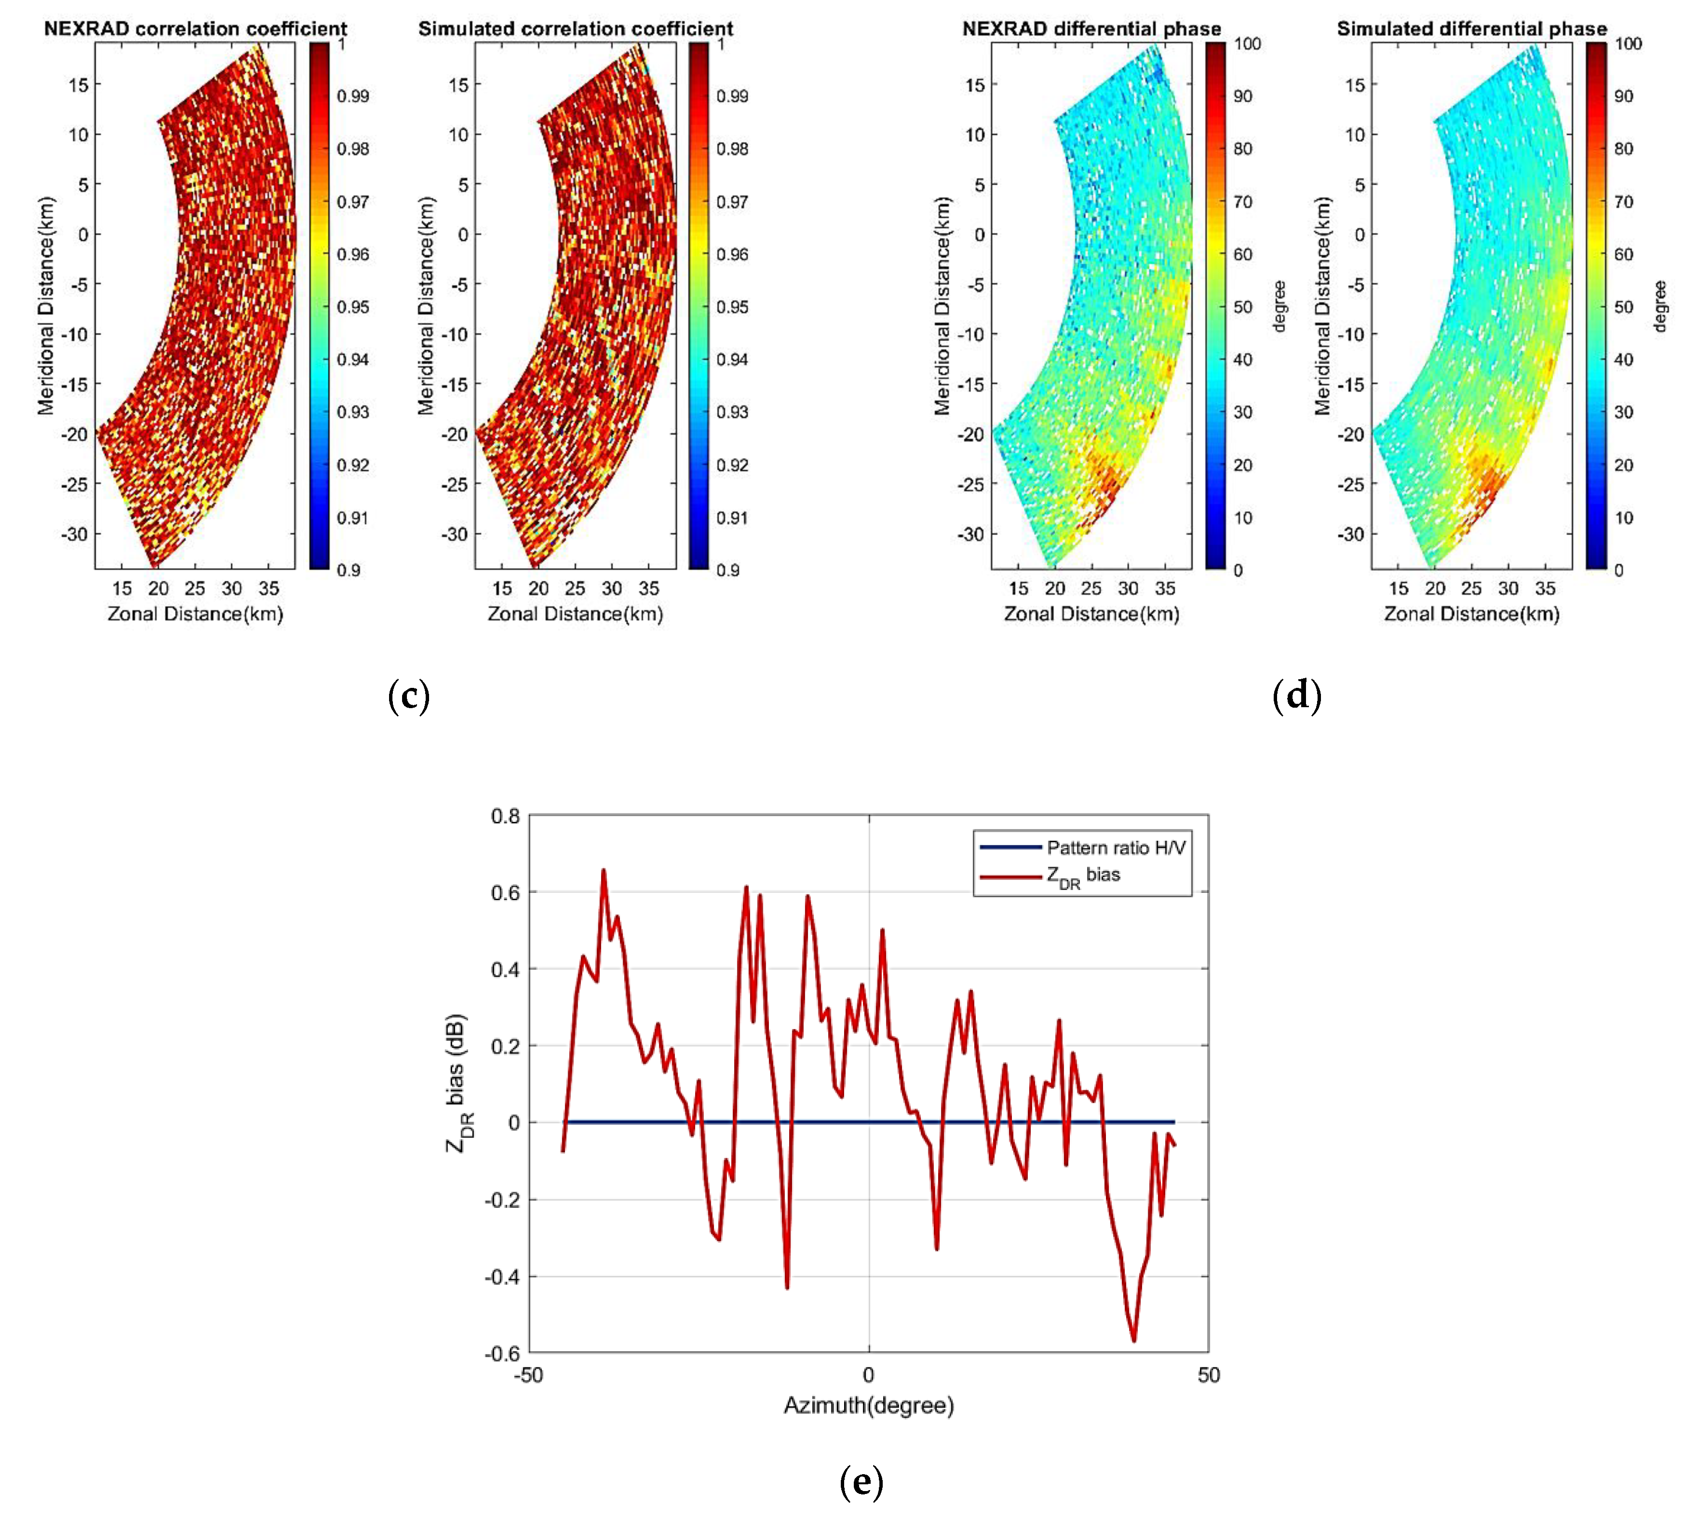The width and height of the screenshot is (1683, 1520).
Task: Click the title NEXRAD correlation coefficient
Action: [x=195, y=28]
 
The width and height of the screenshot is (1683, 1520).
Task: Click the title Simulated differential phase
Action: [x=1472, y=28]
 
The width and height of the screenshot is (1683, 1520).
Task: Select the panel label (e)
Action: [x=861, y=1481]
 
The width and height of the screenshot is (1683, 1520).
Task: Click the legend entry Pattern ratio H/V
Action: [x=1115, y=848]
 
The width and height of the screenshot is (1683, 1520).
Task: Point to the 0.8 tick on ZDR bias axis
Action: [x=505, y=816]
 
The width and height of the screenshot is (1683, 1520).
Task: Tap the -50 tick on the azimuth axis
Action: [x=528, y=1375]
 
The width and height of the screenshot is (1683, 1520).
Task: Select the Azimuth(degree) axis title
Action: [x=868, y=1406]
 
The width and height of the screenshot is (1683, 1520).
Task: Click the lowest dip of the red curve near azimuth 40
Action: [x=1134, y=1341]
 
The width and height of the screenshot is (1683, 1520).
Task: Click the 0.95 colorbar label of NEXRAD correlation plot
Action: [x=352, y=306]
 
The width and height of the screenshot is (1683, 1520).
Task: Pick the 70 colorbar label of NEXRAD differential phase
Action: [x=1243, y=201]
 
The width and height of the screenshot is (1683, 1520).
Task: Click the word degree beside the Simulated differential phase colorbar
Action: [x=1660, y=306]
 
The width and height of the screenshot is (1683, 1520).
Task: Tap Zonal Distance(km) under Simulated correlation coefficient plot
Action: [x=575, y=614]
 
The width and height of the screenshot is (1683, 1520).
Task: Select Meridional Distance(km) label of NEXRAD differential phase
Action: [x=942, y=306]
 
